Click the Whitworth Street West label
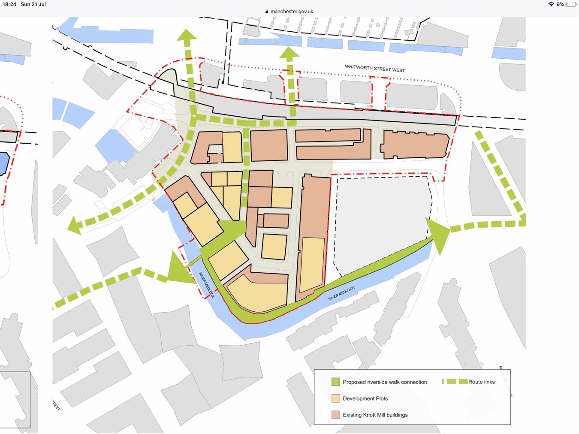tap(374, 68)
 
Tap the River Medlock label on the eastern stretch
tap(341, 293)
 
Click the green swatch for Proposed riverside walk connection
tap(335, 382)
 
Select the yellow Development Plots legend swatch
tap(335, 398)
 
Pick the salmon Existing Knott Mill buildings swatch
tap(335, 415)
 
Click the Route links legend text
tap(481, 382)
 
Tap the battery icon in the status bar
tap(570, 4)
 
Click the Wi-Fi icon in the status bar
tap(551, 4)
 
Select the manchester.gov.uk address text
tap(292, 12)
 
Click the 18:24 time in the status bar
tap(9, 4)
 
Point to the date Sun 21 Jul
tap(33, 4)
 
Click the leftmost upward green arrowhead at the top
tap(187, 36)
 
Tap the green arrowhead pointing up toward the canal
tap(289, 53)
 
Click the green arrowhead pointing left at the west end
tap(75, 226)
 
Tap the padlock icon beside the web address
tap(267, 12)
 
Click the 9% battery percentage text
tap(560, 4)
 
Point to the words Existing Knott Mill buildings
tap(375, 415)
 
